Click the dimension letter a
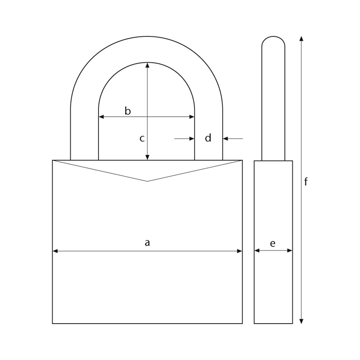(x=147, y=243)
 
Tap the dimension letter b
(x=128, y=111)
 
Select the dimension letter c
(x=142, y=139)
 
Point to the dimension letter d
(x=208, y=138)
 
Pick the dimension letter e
(x=273, y=244)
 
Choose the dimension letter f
(x=306, y=181)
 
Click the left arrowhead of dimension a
(x=55, y=251)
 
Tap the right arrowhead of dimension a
(x=239, y=251)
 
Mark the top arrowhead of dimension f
(x=301, y=39)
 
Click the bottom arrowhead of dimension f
(x=301, y=321)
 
